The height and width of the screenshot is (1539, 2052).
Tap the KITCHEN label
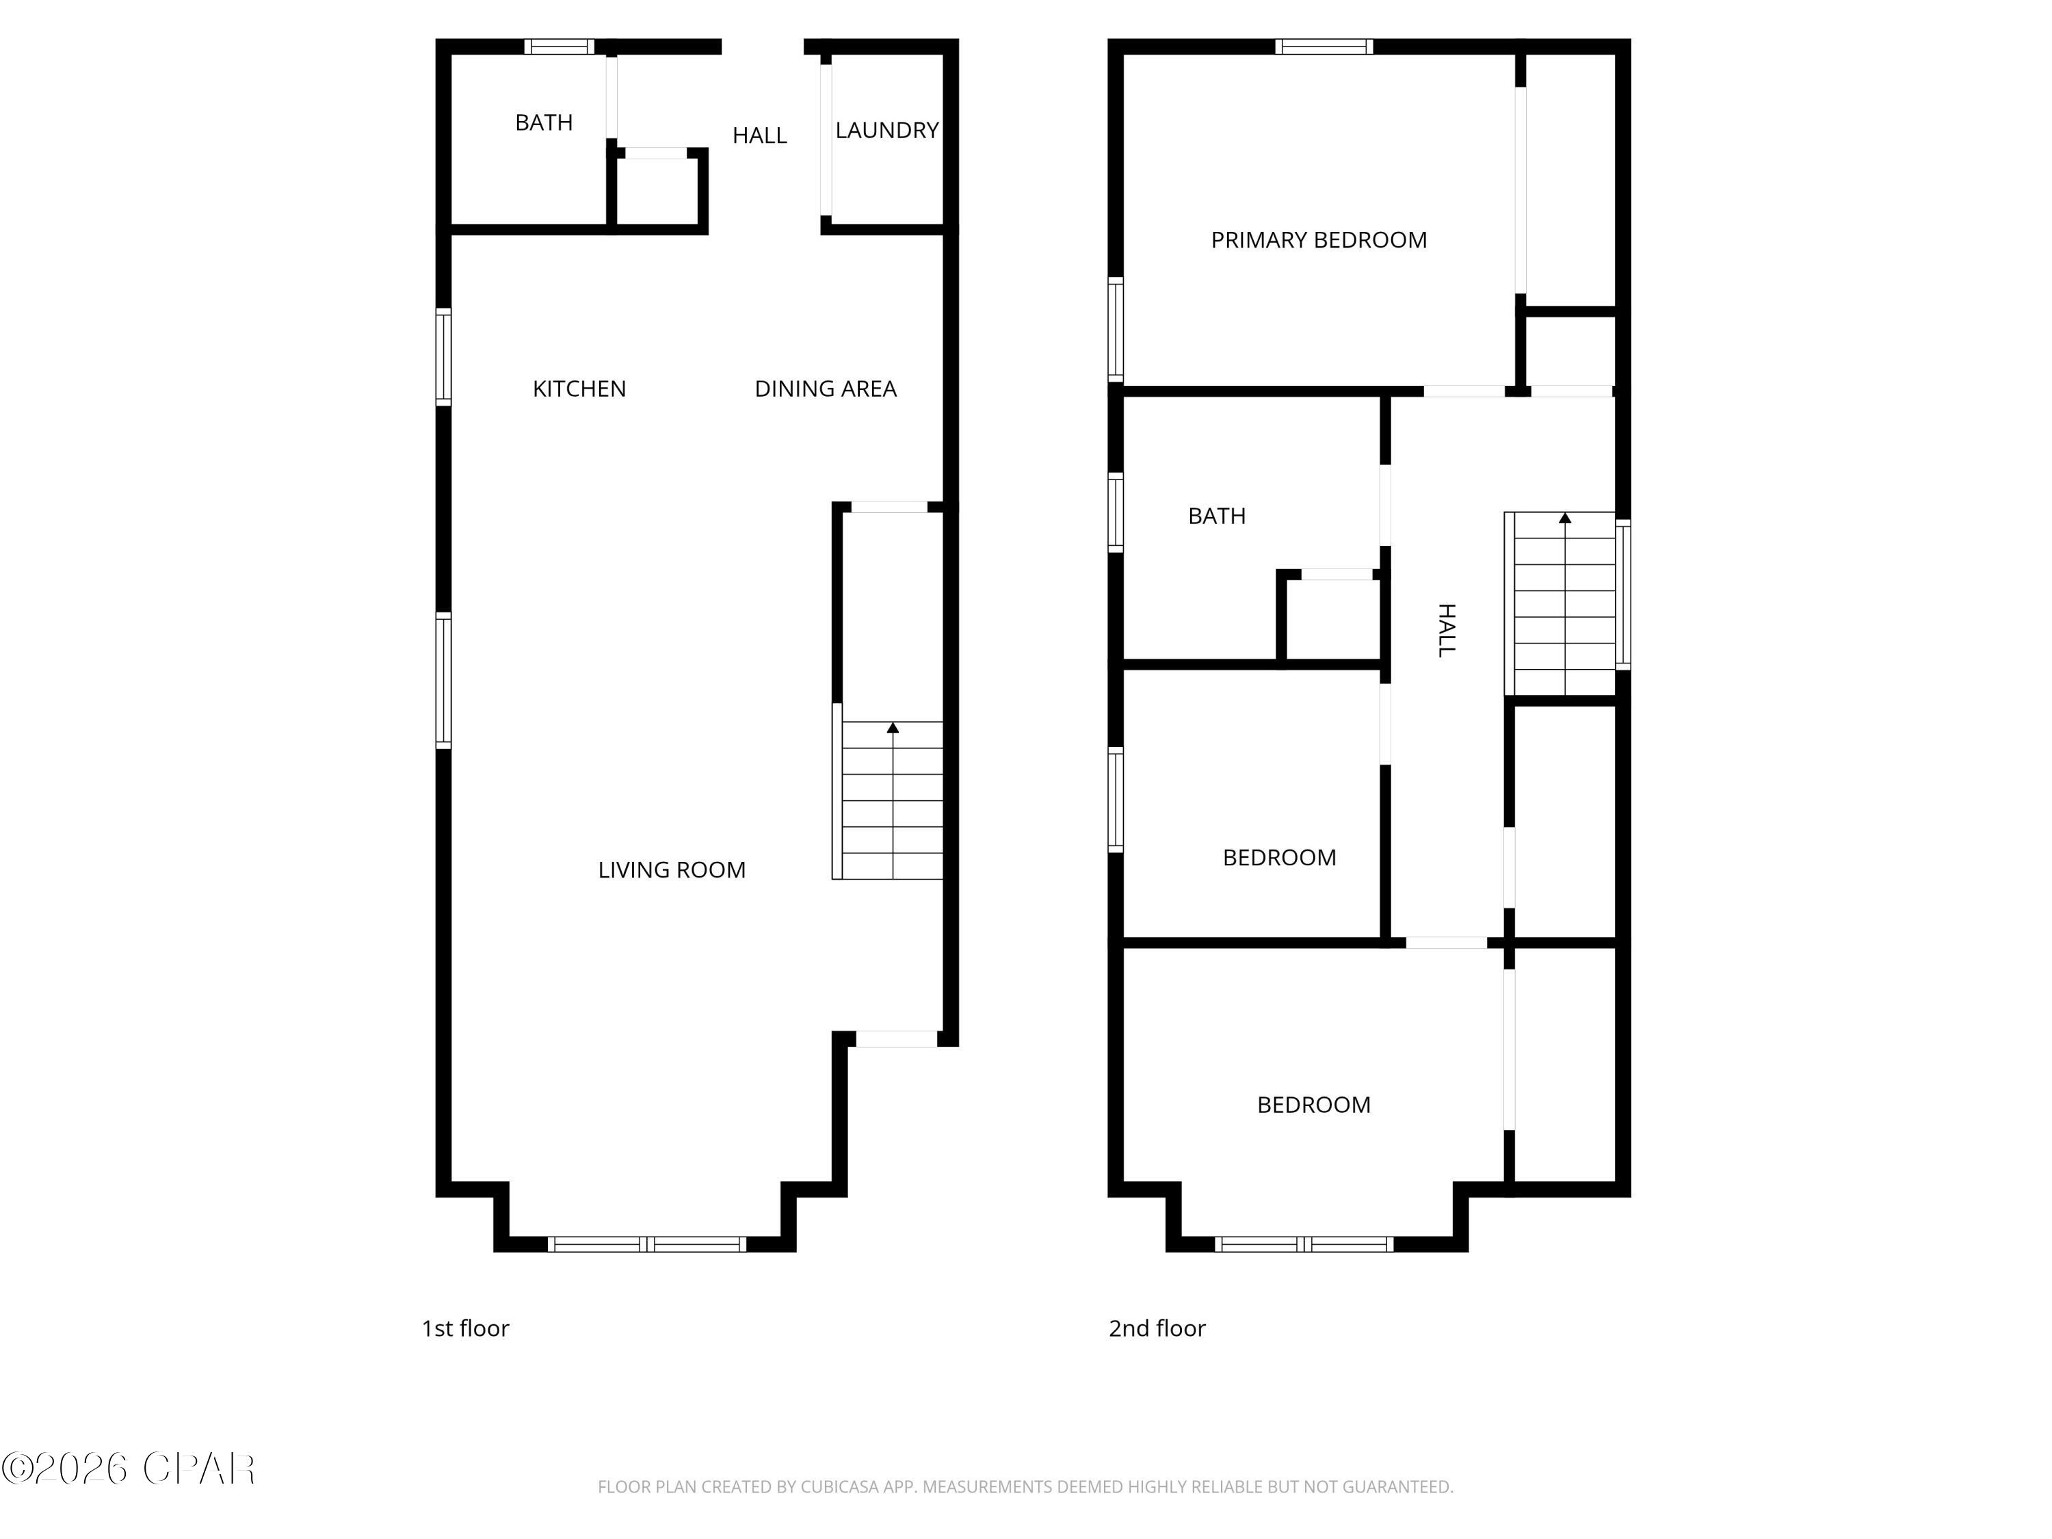coord(579,389)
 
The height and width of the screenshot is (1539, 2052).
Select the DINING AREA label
coord(825,389)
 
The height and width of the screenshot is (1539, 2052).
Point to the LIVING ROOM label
coord(671,870)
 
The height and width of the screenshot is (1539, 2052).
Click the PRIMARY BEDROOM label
coord(1318,240)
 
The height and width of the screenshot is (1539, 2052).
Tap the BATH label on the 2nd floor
coord(1216,516)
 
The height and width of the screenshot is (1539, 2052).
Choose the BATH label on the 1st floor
coord(544,122)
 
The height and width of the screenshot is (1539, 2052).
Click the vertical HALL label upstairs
coord(1446,630)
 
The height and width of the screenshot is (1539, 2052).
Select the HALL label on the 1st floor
coord(759,135)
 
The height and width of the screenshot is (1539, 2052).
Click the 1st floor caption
coord(464,1328)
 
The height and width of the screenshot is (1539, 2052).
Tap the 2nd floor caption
coord(1157,1328)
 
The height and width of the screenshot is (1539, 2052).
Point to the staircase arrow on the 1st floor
coord(893,728)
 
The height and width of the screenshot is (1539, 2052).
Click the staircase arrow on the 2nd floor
coord(1565,518)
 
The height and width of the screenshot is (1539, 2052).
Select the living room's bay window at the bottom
coord(646,1244)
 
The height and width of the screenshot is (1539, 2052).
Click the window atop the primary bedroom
coord(1324,47)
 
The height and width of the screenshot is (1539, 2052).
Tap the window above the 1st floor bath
coord(558,47)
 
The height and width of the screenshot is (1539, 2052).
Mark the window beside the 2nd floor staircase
coord(1623,594)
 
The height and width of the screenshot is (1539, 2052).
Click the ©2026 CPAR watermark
coord(128,1469)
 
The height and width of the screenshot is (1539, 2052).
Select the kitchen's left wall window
coord(443,357)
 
